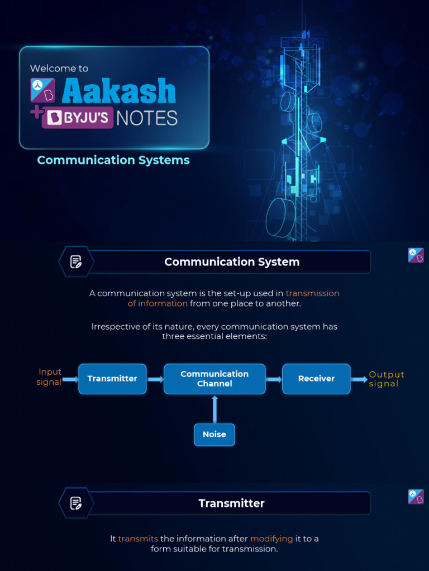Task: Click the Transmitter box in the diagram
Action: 112,379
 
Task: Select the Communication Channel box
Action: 214,379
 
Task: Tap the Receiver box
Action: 316,379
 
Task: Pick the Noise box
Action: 214,434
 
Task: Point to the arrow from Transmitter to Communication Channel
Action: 155,379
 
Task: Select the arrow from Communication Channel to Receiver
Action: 274,379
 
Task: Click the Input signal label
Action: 50,377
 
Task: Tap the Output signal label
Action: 387,379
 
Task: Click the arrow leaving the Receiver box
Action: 359,380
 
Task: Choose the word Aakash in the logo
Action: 118,91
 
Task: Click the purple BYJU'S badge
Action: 79,118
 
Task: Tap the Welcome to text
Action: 59,69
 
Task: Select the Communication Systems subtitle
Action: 113,161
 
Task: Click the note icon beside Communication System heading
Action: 76,262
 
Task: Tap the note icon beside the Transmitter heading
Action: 76,503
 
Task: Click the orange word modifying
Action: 271,539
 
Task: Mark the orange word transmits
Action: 138,539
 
